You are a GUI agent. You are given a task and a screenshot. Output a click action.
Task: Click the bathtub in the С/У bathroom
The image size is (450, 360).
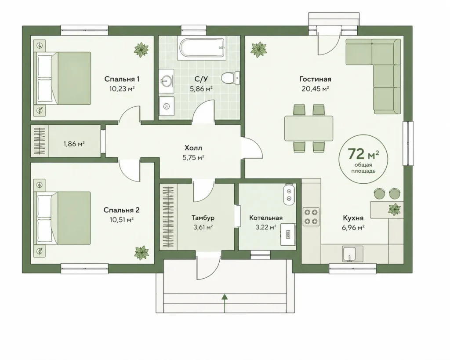coord(201,48)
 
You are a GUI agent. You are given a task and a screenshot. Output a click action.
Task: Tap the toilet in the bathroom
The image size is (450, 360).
coord(230,78)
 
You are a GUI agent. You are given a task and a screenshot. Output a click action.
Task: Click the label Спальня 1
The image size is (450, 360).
coord(122,79)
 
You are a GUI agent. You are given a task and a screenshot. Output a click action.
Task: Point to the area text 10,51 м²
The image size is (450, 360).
coord(122,220)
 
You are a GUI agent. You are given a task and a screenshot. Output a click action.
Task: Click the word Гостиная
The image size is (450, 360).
coord(315,79)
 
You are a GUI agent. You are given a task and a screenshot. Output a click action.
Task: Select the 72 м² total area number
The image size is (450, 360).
coord(363,154)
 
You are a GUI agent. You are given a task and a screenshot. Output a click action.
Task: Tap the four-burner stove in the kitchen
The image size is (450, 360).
coord(311,216)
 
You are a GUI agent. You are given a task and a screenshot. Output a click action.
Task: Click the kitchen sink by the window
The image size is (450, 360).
coord(352,254)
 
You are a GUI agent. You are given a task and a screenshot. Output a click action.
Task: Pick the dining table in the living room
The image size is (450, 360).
coord(309,128)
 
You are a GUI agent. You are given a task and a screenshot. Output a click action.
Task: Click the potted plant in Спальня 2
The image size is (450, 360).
coord(142,253)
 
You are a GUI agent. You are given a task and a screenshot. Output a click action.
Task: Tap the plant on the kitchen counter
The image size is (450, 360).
coord(394,210)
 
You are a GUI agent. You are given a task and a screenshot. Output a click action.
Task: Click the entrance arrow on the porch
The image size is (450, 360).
coord(225,303)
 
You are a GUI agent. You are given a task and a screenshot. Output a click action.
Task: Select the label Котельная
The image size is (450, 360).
coord(266,218)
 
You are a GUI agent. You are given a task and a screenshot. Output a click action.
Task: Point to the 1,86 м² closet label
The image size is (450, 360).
coord(74,144)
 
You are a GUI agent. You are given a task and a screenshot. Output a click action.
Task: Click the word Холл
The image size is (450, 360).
coord(193,148)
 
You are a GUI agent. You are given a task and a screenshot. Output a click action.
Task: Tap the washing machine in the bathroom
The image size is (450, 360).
coord(167,106)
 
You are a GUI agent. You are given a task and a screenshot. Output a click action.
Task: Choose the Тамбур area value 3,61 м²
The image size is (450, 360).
coord(203,227)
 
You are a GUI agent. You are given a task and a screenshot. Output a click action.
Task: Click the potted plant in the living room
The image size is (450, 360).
coord(258,49)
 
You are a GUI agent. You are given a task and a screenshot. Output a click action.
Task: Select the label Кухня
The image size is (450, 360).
coord(353,218)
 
